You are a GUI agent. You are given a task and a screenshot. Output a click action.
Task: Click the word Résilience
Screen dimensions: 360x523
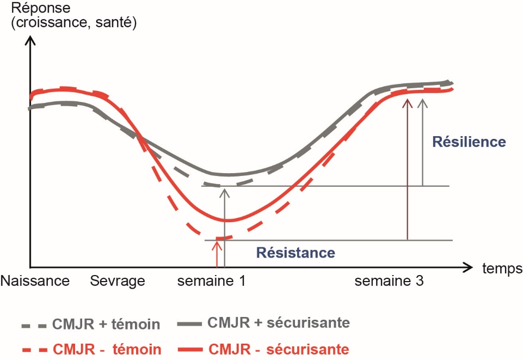click(x=469, y=142)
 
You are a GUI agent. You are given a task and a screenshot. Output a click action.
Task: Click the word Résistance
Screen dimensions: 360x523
click(x=295, y=253)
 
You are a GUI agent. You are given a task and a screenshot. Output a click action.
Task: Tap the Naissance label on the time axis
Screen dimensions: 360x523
click(x=35, y=281)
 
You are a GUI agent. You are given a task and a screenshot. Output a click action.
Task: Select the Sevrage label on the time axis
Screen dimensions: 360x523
click(x=118, y=281)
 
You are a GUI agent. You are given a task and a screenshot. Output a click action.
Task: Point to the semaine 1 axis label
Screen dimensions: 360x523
click(x=212, y=281)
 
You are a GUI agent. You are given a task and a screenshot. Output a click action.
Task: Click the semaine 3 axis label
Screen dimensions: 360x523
click(x=389, y=281)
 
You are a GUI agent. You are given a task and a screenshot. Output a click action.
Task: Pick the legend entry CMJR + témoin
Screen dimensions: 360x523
click(x=106, y=325)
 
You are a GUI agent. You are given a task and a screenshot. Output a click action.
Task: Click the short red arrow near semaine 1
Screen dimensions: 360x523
click(x=217, y=253)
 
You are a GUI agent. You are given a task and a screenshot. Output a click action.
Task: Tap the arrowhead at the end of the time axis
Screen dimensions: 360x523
click(x=468, y=267)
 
